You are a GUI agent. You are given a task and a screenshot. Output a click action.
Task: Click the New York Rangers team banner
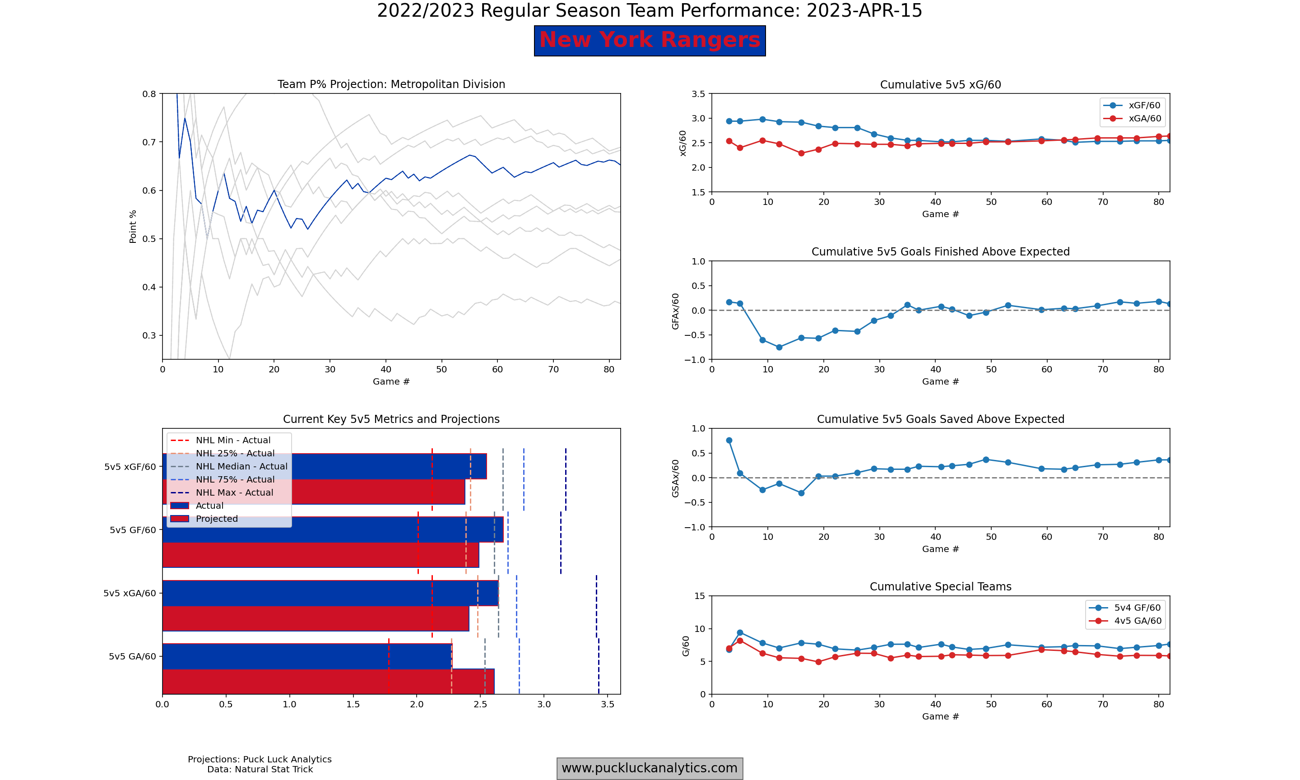[650, 41]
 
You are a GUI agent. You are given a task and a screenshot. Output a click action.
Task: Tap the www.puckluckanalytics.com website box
[650, 768]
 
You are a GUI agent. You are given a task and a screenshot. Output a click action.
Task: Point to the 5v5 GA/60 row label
[132, 656]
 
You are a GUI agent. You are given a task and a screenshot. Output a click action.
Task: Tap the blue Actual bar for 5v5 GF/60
[332, 529]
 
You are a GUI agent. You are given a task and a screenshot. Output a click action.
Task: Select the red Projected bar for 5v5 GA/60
[328, 682]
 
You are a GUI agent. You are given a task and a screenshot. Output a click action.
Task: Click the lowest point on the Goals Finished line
[779, 347]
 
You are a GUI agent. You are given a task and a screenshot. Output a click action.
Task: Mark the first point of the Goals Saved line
[729, 441]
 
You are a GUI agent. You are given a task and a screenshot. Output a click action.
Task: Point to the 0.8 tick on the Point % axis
[149, 94]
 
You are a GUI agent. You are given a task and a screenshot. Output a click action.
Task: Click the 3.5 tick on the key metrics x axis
[608, 704]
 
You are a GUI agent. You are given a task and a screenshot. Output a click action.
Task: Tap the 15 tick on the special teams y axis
[699, 595]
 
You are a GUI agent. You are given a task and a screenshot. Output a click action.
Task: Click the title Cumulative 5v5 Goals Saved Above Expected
[940, 419]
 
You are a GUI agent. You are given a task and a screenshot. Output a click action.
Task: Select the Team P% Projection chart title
[391, 84]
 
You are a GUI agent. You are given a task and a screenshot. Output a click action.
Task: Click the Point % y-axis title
[133, 227]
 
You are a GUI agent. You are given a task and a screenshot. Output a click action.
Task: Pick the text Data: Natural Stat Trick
[260, 769]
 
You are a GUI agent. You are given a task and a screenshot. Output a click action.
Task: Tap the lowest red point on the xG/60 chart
[801, 153]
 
